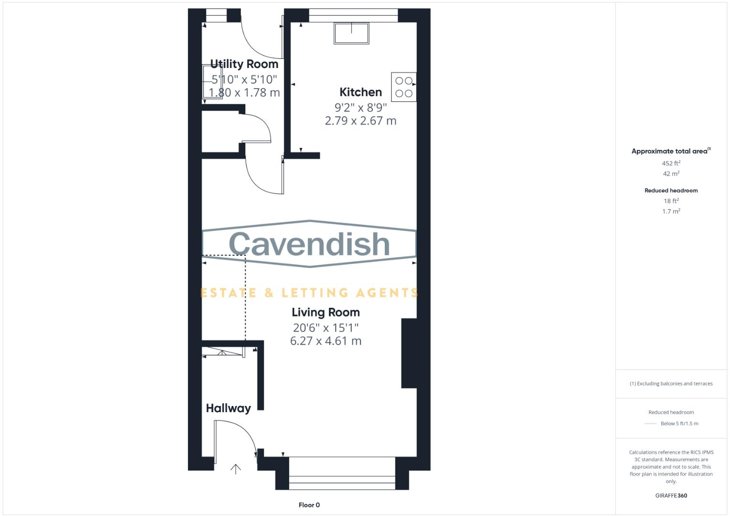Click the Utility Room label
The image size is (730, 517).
pyautogui.click(x=244, y=64)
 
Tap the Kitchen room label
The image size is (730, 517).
pyautogui.click(x=360, y=92)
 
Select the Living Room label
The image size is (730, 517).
pyautogui.click(x=326, y=313)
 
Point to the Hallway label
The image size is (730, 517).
pyautogui.click(x=228, y=408)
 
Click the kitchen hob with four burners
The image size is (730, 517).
pyautogui.click(x=403, y=87)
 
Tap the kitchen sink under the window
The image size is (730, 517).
pyautogui.click(x=351, y=33)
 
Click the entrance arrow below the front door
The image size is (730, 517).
pyautogui.click(x=236, y=469)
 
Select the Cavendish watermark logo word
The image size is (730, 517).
pyautogui.click(x=309, y=244)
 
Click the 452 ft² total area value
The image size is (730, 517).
pyautogui.click(x=671, y=163)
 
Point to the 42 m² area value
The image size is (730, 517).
pyautogui.click(x=671, y=174)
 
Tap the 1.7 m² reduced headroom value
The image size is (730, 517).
pyautogui.click(x=671, y=212)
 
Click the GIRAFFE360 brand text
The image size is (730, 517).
pyautogui.click(x=671, y=495)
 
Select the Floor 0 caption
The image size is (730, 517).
pyautogui.click(x=309, y=505)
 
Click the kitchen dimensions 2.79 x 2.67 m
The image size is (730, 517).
pyautogui.click(x=360, y=121)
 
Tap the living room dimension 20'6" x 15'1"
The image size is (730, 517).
pyautogui.click(x=326, y=328)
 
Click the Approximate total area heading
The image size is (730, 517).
pyautogui.click(x=670, y=151)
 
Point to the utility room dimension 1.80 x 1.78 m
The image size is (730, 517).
pyautogui.click(x=244, y=93)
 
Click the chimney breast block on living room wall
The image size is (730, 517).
pyautogui.click(x=409, y=353)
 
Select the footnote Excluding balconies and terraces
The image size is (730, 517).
pyautogui.click(x=671, y=383)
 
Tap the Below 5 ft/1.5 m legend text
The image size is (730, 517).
pyautogui.click(x=679, y=424)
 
